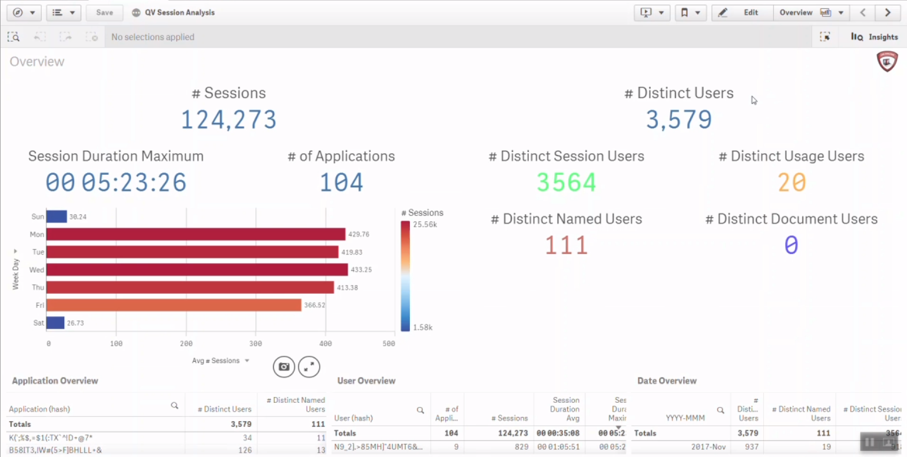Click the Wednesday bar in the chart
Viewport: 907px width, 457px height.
(197, 270)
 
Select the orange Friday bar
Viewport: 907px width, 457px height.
(174, 305)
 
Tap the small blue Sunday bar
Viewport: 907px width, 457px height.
(57, 217)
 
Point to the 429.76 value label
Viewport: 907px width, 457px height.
(359, 234)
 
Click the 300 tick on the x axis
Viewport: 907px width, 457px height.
(256, 343)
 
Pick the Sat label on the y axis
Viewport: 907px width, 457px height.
(38, 323)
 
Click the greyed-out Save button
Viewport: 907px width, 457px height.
(104, 12)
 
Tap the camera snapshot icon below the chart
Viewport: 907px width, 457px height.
(284, 366)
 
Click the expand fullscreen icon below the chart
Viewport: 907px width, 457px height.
(309, 366)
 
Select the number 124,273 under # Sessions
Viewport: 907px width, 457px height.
(229, 120)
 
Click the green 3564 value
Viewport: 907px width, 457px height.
(566, 183)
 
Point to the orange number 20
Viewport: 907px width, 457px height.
(791, 183)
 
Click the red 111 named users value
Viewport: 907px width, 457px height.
(566, 245)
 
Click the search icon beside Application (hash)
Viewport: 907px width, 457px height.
(174, 406)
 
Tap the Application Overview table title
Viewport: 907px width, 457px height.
(55, 381)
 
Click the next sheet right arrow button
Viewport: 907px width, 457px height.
(888, 12)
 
